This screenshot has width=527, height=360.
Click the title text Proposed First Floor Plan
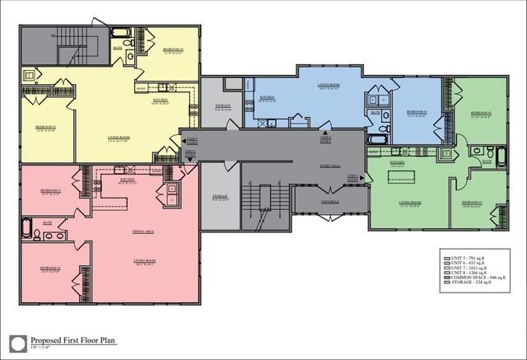75,339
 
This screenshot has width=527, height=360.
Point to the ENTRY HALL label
329,166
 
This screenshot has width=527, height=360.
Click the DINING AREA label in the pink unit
145,231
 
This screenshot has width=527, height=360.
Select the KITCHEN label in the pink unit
128,180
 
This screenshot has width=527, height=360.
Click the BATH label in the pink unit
48,223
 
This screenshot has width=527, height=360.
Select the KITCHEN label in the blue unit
267,98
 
